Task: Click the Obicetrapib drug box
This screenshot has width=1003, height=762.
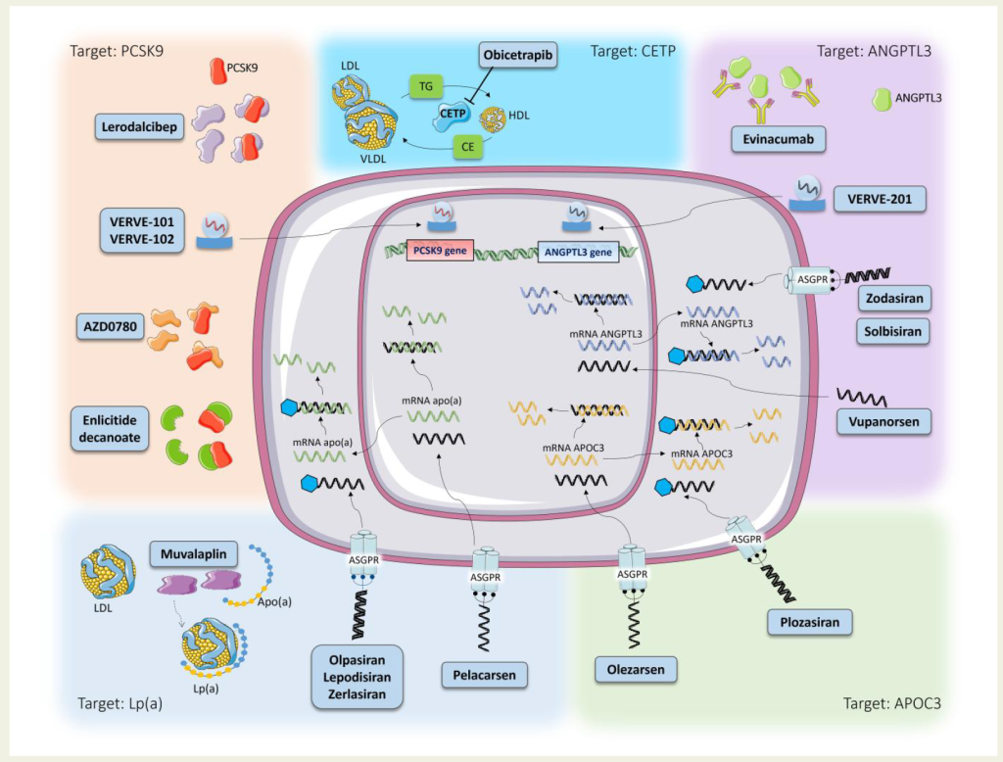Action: click(x=517, y=55)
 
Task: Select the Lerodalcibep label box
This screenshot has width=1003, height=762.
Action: click(x=139, y=126)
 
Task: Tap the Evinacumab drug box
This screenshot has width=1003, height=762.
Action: click(x=778, y=139)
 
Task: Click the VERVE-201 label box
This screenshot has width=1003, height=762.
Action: click(x=880, y=199)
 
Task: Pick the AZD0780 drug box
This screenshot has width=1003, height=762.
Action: click(x=110, y=326)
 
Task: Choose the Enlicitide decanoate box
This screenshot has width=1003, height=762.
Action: click(x=110, y=429)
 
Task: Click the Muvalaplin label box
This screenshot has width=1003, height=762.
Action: click(x=193, y=554)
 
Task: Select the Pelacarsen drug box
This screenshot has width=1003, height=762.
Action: click(x=484, y=675)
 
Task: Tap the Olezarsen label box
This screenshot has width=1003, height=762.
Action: click(x=635, y=670)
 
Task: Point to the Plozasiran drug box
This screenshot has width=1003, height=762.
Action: click(x=809, y=622)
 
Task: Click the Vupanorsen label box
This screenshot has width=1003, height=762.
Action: click(x=884, y=421)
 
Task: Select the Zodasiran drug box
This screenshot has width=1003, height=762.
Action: click(x=894, y=298)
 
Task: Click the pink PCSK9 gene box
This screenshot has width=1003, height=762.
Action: click(x=440, y=250)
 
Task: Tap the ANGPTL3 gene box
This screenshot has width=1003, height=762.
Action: click(x=578, y=252)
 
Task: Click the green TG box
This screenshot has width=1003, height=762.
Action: click(x=426, y=86)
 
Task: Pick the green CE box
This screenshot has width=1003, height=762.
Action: click(x=467, y=147)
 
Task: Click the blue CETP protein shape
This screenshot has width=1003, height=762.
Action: click(x=452, y=116)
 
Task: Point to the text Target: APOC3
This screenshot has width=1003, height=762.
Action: click(x=891, y=703)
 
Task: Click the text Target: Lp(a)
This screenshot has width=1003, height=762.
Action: click(x=120, y=704)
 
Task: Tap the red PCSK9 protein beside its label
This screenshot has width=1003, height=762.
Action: click(x=218, y=71)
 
